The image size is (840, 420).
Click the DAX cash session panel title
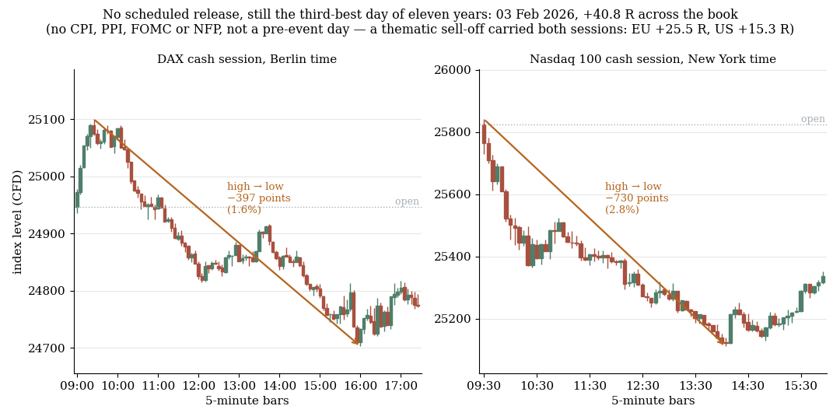click(247, 59)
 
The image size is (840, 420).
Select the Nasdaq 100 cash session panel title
click(653, 59)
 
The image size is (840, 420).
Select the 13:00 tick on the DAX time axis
click(239, 385)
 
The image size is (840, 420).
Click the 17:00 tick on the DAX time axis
click(401, 385)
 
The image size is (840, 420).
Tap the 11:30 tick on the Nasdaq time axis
click(590, 385)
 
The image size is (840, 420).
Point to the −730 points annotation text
click(637, 198)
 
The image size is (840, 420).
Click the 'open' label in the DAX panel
click(407, 201)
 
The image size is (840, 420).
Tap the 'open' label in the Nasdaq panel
click(813, 119)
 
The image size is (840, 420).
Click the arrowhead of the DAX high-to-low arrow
click(355, 341)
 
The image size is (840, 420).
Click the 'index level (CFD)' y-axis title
click(18, 222)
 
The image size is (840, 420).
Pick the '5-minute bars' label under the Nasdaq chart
click(653, 401)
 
